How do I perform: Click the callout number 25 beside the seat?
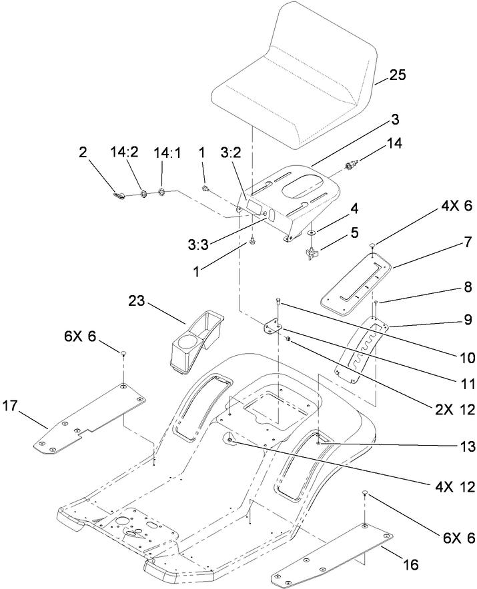(398, 76)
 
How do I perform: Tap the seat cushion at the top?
(300, 73)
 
